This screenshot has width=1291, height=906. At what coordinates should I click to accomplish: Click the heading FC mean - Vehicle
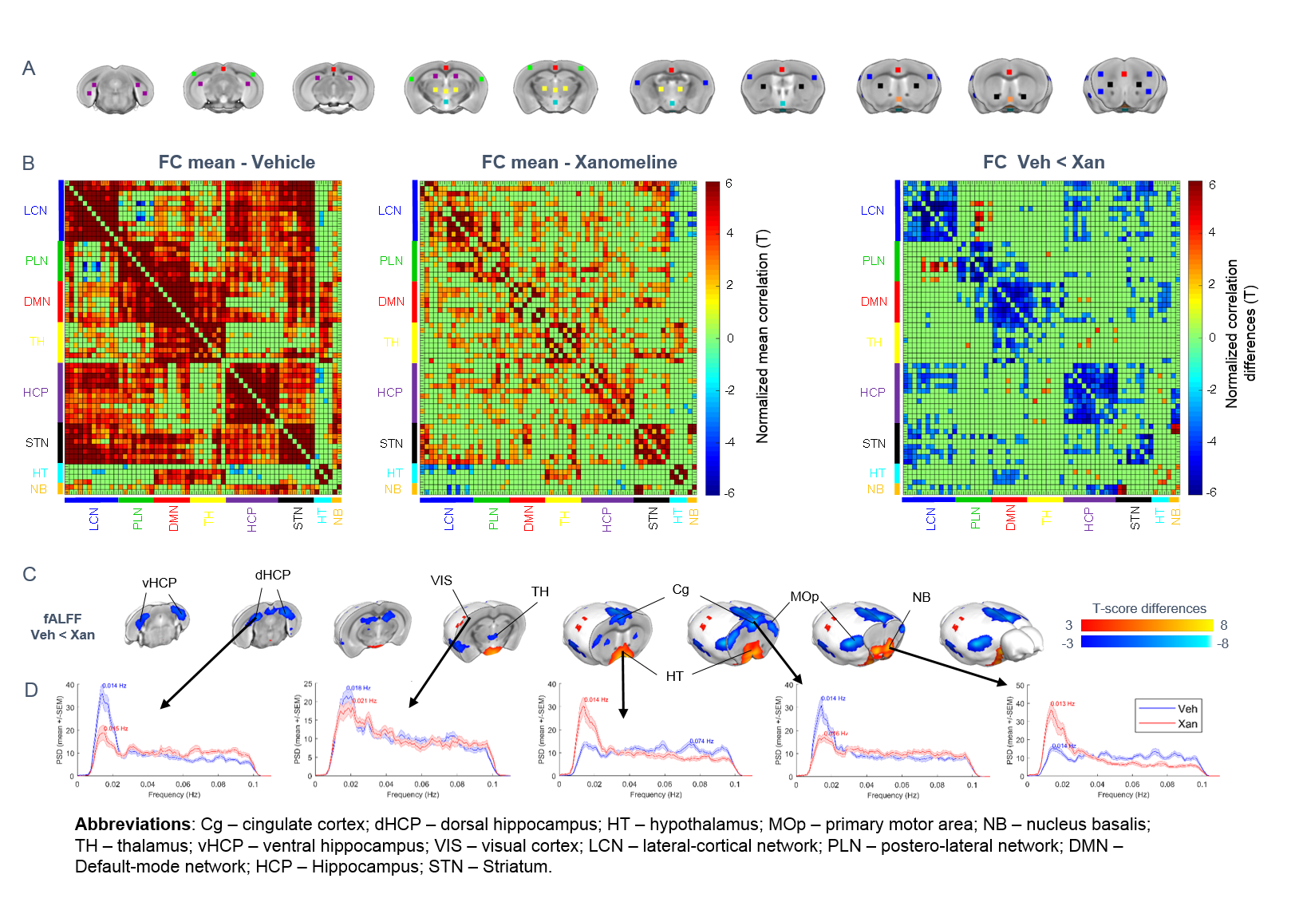tap(236, 162)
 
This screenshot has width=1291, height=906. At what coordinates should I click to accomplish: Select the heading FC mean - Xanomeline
tap(579, 162)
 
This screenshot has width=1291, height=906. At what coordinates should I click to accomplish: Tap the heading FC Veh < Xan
tap(1044, 162)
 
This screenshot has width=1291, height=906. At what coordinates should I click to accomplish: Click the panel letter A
tap(29, 69)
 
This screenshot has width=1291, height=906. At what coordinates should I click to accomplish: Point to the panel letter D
tap(31, 690)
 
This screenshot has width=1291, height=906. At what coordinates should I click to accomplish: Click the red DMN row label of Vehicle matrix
tap(38, 302)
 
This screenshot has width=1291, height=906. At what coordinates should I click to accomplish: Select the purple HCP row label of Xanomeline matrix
tap(390, 393)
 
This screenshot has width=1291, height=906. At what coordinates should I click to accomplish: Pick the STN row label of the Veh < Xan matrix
tap(874, 444)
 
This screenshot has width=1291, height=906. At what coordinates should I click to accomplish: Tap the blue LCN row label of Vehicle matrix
tap(36, 211)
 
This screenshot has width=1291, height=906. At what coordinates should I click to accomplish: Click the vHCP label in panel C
tap(160, 583)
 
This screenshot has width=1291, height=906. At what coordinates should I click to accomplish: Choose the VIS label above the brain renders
tap(441, 580)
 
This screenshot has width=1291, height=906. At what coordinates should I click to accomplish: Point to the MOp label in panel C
tap(804, 596)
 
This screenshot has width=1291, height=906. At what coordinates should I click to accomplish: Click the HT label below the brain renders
tap(674, 676)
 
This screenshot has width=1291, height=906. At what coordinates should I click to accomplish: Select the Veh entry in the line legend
tap(1187, 709)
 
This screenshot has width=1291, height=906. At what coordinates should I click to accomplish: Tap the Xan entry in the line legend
tap(1187, 724)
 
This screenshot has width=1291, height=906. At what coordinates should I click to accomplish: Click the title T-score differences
tap(1149, 608)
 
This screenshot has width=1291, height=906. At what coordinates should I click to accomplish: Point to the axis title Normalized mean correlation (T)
tap(763, 336)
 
